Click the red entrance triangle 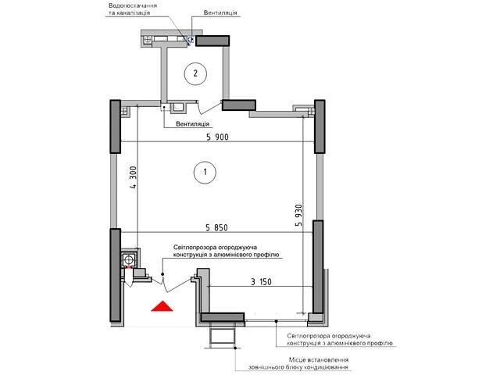[162, 306]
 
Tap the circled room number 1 [205, 172]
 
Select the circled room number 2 [195, 73]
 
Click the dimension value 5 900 [217, 137]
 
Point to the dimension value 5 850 [217, 227]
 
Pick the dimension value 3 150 [261, 282]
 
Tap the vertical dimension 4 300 [134, 177]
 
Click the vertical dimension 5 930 [298, 216]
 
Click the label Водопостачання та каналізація [133, 9]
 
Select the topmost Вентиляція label [220, 12]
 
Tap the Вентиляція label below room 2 [193, 123]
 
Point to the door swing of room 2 [209, 108]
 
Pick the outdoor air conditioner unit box [223, 336]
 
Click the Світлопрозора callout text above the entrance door [227, 251]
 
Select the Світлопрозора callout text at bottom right [340, 340]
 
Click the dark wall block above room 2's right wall [212, 41]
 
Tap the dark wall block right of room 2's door [239, 105]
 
